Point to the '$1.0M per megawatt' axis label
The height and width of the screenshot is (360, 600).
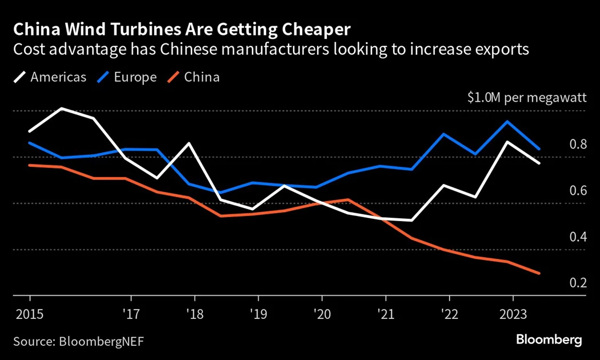tap(527, 98)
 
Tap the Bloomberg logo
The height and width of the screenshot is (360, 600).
tap(549, 340)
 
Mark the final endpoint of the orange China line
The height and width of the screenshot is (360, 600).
tap(539, 273)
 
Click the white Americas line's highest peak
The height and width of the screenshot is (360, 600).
tap(61, 108)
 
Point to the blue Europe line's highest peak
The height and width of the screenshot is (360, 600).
tap(507, 121)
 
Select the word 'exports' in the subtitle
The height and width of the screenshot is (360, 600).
tap(499, 49)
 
